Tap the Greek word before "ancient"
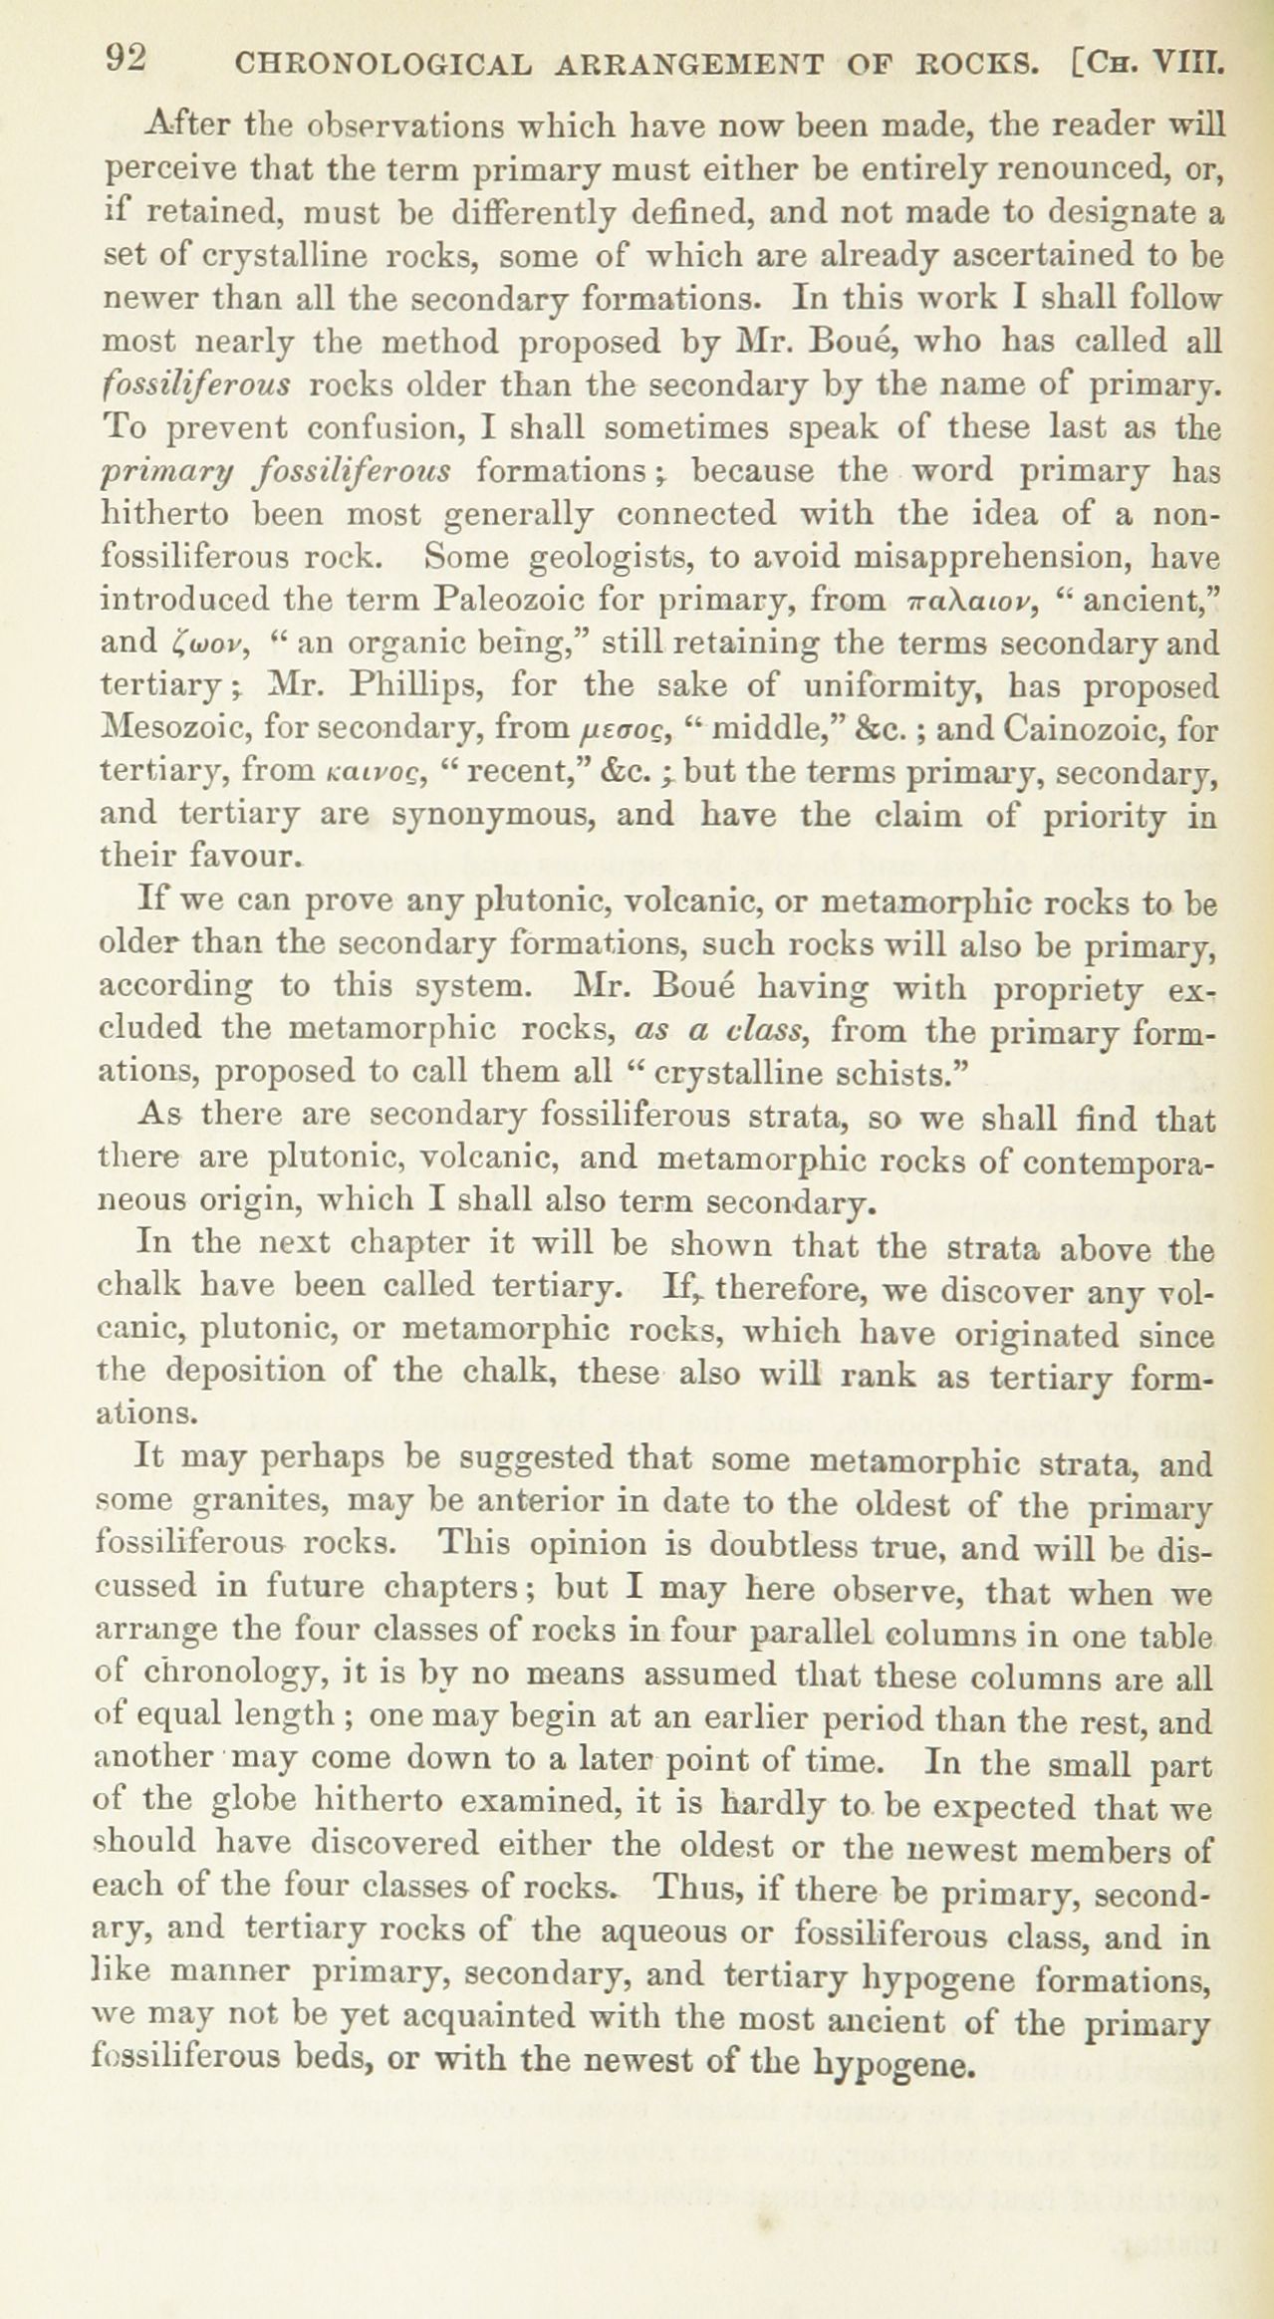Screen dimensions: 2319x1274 (x=957, y=602)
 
